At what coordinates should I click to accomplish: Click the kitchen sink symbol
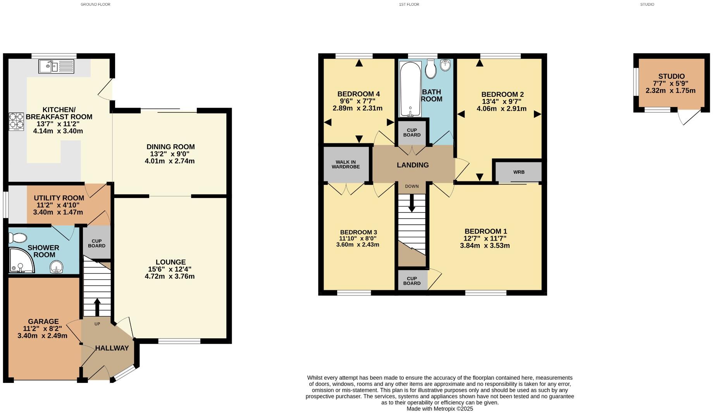[56, 66]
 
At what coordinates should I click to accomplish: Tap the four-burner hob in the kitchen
[16, 121]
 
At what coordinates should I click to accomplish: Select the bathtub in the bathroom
[410, 89]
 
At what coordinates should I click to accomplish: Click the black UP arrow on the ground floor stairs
[97, 307]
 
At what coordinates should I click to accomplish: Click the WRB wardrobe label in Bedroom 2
[518, 172]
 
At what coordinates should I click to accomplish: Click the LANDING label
[413, 165]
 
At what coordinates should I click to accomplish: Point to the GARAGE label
[43, 322]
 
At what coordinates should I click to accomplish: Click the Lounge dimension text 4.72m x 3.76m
[170, 276]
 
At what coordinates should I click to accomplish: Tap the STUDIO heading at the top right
[647, 5]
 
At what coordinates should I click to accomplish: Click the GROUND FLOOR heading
[95, 5]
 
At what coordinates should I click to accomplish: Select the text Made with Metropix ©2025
[440, 409]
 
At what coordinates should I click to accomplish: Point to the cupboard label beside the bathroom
[412, 133]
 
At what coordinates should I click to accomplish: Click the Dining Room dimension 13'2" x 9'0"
[170, 154]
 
